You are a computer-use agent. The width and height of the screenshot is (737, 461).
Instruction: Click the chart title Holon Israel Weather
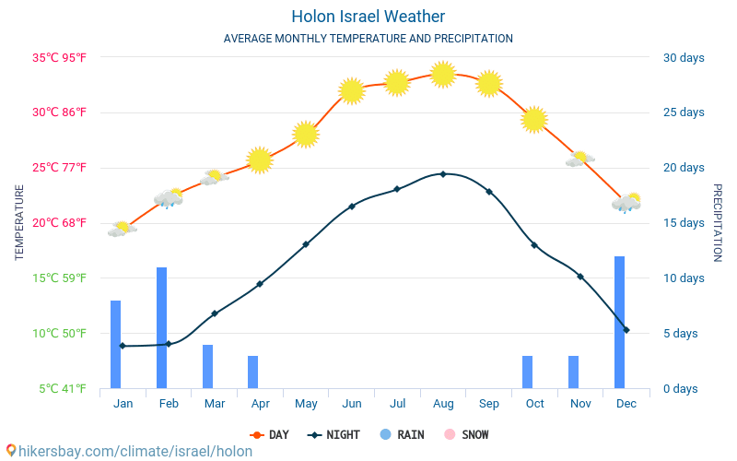[x=368, y=17]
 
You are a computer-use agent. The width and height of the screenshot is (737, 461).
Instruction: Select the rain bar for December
[x=620, y=322]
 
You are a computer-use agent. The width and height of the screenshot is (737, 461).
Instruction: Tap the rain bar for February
[x=161, y=327]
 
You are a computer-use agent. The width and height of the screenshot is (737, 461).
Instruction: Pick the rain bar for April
[x=252, y=372]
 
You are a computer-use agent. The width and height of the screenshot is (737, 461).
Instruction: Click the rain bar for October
[x=528, y=372]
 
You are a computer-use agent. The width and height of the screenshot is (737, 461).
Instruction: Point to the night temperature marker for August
[x=443, y=173]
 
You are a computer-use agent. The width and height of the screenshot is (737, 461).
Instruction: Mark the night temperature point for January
[x=123, y=346]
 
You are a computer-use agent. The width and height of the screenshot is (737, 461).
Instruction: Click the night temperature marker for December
[x=626, y=329]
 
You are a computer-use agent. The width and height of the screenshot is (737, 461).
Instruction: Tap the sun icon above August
[x=443, y=74]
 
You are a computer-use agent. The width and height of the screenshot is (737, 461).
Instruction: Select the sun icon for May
[x=306, y=134]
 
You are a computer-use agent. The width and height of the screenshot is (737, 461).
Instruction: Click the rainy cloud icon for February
[x=169, y=198]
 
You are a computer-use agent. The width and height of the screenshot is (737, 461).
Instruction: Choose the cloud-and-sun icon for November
[x=579, y=160]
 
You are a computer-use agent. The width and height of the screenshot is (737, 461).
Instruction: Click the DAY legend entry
[x=273, y=434]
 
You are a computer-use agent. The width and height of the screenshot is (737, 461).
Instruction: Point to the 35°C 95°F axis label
[x=60, y=58]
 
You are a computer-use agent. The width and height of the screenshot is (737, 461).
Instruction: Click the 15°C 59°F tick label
[x=60, y=278]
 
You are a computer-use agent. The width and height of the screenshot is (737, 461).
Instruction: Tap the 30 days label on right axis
[x=684, y=58]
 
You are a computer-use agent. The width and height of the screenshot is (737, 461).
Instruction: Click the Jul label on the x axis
[x=397, y=404]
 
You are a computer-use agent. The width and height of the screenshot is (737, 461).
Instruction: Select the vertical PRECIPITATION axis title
[x=719, y=222]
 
